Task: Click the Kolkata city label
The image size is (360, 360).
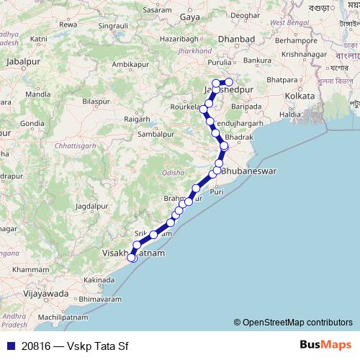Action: tap(300, 96)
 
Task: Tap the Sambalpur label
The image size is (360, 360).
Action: tap(157, 134)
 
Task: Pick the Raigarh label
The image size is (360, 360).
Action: tap(137, 118)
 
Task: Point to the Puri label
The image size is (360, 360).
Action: tap(216, 192)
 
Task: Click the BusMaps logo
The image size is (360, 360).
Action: tap(325, 345)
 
